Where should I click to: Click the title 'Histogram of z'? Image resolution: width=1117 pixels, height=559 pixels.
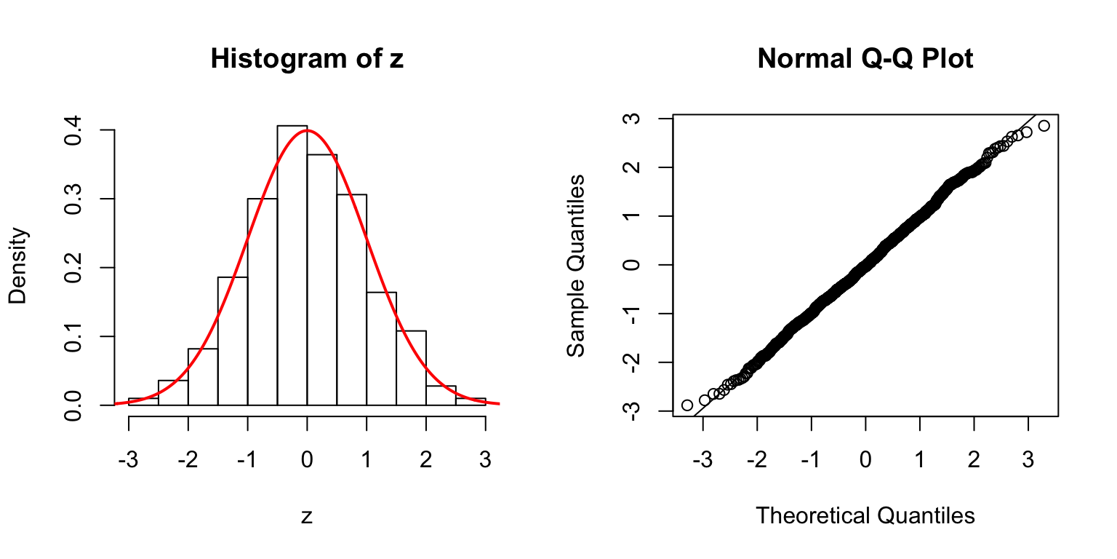[306, 59]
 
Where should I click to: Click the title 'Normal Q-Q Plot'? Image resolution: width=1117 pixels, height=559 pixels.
[865, 59]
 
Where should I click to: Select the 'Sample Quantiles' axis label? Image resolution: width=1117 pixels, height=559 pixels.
[576, 266]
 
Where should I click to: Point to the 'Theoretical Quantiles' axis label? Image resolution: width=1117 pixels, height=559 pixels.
[865, 515]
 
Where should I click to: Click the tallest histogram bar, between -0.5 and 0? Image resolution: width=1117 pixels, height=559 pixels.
[292, 266]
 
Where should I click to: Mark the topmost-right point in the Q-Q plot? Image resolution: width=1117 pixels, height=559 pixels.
[1044, 126]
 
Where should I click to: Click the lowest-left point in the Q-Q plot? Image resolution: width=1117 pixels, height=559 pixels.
[687, 405]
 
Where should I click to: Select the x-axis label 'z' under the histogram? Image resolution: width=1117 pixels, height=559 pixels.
[306, 517]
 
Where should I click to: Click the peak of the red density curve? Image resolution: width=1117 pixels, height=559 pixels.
[307, 131]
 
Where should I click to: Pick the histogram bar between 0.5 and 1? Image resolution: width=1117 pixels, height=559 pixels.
[351, 299]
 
